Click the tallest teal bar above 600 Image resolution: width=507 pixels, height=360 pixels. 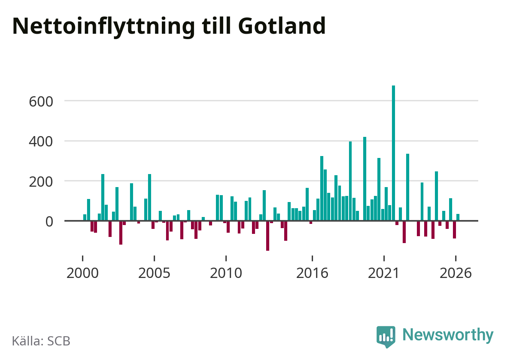[x=393, y=153]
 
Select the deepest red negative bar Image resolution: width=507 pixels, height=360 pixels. [x=268, y=236]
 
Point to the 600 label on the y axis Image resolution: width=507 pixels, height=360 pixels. [x=41, y=102]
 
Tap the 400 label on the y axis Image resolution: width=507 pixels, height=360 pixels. [x=41, y=142]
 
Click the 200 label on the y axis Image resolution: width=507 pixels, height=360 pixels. [x=41, y=182]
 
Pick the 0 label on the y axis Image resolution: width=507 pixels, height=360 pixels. [x=49, y=222]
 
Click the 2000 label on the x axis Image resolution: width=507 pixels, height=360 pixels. [x=82, y=273]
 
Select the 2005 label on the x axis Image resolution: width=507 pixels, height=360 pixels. [x=154, y=273]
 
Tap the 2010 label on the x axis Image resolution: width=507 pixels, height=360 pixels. [x=226, y=273]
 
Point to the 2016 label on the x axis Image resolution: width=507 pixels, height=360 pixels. [x=312, y=273]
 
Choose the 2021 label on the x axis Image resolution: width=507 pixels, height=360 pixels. [x=384, y=273]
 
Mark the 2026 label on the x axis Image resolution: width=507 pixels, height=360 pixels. [x=455, y=273]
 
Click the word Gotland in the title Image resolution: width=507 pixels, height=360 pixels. [x=282, y=26]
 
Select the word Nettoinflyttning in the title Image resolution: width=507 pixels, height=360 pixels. [x=104, y=27]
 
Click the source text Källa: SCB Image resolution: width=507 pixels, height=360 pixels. [x=41, y=341]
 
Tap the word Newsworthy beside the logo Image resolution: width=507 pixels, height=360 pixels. [x=448, y=335]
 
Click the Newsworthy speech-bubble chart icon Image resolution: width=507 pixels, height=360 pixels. [x=386, y=337]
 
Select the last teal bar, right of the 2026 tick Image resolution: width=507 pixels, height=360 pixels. [x=458, y=217]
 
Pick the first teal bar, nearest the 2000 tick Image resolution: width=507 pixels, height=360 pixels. [x=85, y=217]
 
